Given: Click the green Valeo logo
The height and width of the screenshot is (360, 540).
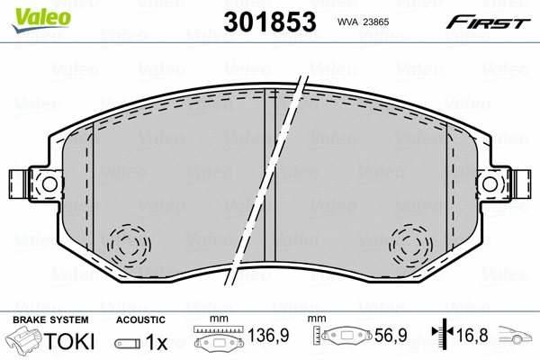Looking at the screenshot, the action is pyautogui.click(x=41, y=20).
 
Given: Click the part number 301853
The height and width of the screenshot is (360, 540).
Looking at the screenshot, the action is pyautogui.click(x=270, y=22).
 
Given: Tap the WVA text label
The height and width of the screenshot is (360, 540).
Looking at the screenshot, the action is pyautogui.click(x=347, y=22).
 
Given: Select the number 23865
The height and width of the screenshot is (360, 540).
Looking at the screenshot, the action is pyautogui.click(x=376, y=22).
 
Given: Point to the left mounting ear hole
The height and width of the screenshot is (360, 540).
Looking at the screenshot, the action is pyautogui.click(x=49, y=184).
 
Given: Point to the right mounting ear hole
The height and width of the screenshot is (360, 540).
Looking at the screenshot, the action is pyautogui.click(x=490, y=184).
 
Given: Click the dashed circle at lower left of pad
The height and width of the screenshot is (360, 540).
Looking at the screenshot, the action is pyautogui.click(x=129, y=245).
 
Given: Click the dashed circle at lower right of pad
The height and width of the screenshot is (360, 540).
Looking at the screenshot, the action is pyautogui.click(x=410, y=245).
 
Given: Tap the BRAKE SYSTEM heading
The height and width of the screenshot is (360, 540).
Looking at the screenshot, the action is pyautogui.click(x=50, y=319).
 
